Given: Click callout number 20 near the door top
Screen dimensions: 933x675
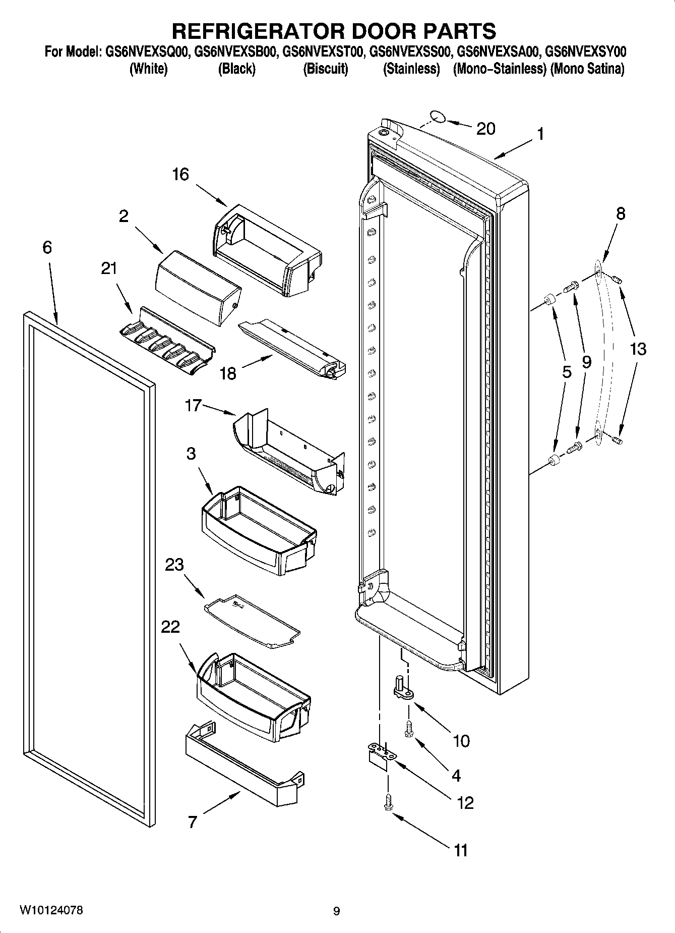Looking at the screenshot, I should [485, 129].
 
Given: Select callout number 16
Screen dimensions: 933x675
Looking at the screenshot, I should [180, 175].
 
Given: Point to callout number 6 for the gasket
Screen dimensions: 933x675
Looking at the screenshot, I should [47, 247].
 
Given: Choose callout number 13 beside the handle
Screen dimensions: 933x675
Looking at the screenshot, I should [638, 349].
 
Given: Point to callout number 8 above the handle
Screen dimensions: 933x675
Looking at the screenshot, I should [620, 213].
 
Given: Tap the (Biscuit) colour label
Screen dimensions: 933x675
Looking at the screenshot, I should [325, 69].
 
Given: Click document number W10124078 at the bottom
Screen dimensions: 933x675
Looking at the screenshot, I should [51, 910].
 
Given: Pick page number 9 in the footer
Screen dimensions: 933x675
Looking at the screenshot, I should [336, 911].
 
